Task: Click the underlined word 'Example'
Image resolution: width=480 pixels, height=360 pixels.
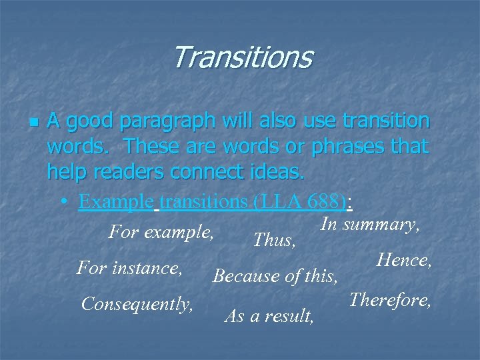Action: tap(115, 201)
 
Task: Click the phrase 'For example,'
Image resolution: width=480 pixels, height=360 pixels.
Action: tap(161, 233)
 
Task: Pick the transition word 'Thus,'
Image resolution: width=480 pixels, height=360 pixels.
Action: tap(275, 240)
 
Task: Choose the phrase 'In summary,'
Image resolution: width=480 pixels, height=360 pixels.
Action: tap(370, 225)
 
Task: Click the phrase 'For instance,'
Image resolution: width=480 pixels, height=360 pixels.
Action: tap(130, 269)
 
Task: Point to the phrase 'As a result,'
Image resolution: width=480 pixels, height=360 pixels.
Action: tap(269, 316)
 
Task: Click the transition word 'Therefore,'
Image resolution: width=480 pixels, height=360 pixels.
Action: tap(391, 300)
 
